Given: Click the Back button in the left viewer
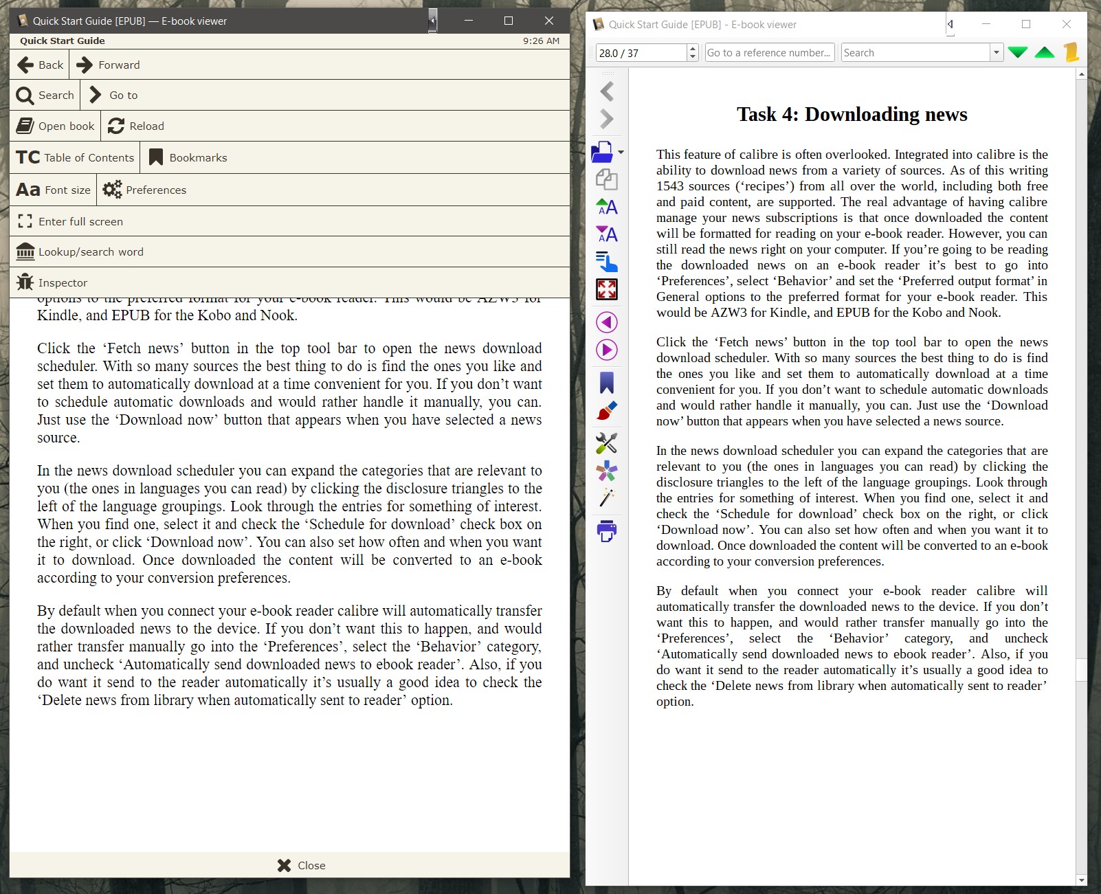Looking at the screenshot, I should pyautogui.click(x=40, y=65).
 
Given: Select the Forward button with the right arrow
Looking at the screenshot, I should pyautogui.click(x=109, y=65).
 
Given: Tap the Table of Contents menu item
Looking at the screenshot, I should pyautogui.click(x=75, y=158).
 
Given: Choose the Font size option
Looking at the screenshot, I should pyautogui.click(x=54, y=190).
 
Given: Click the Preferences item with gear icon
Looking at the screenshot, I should pyautogui.click(x=145, y=190).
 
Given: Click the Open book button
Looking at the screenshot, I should pyautogui.click(x=56, y=126).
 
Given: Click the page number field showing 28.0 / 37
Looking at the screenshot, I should pyautogui.click(x=641, y=53).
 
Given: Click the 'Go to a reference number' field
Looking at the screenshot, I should pyautogui.click(x=769, y=53).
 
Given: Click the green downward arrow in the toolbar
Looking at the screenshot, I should pyautogui.click(x=1018, y=53).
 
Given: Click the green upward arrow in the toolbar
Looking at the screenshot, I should pyautogui.click(x=1045, y=53).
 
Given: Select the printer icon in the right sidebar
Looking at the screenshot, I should pyautogui.click(x=607, y=530).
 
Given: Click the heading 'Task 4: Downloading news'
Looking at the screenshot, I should pyautogui.click(x=852, y=114).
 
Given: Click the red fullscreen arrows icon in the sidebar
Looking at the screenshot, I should pyautogui.click(x=607, y=290).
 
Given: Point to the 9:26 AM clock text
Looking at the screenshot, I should pyautogui.click(x=541, y=41).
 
